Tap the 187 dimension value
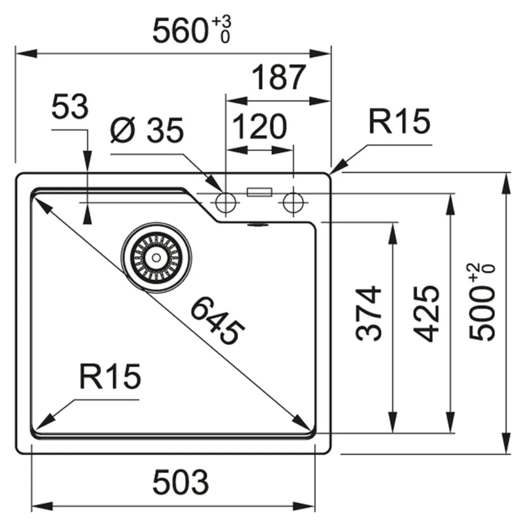278,77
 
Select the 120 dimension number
259,126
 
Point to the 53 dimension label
70,107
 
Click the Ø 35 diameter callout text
147,130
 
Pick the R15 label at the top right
399,121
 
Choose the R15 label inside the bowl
110,376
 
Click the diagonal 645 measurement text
217,321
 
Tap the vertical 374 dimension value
368,313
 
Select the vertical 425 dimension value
427,313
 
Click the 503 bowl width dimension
181,482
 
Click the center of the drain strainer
156,258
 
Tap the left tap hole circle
226,202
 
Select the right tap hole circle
293,202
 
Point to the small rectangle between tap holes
259,192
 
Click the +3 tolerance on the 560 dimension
221,22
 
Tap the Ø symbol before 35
123,130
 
